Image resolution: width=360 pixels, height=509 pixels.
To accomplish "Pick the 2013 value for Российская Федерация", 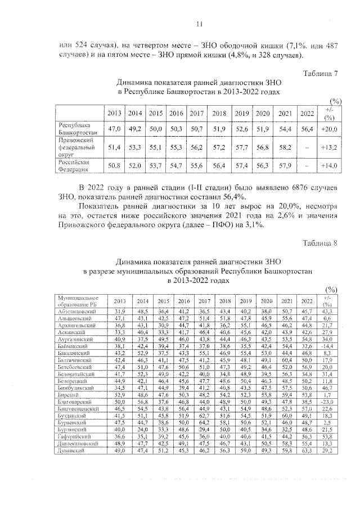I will [115, 166].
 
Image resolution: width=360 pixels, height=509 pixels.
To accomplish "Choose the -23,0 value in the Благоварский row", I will [327, 403].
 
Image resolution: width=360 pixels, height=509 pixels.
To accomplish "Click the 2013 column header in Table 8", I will [120, 300].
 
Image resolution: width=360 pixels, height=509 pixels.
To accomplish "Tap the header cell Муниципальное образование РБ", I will [78, 300].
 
